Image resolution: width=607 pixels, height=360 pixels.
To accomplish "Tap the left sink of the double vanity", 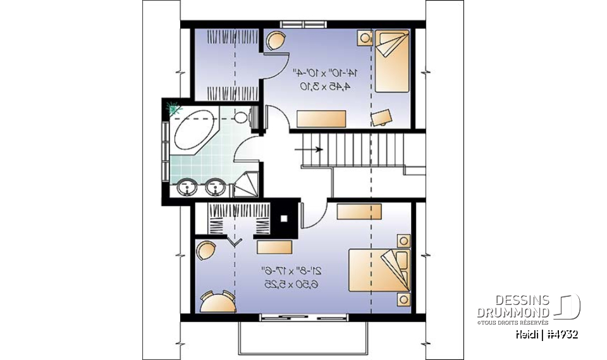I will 188,187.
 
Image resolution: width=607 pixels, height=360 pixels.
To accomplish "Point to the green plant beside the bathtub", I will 173,108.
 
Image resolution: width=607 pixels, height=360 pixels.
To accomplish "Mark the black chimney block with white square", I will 284,218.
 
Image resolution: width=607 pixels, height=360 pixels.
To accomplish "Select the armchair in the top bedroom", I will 275,42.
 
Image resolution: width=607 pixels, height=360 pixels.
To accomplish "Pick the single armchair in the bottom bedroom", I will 206,251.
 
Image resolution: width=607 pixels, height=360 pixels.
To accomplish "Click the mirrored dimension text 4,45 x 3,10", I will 323,86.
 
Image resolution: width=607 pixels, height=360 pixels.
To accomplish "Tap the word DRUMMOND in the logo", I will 513,313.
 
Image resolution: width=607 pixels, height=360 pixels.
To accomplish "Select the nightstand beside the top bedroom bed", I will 366,38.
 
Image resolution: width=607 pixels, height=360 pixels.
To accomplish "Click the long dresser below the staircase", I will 360,211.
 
